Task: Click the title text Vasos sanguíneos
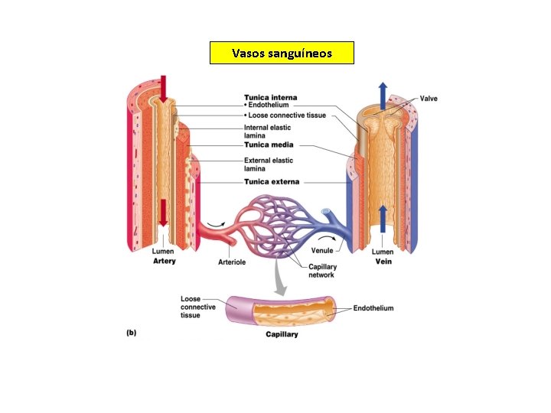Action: (x=282, y=53)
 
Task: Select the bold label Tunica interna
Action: (x=270, y=97)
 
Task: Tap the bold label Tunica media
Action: (x=268, y=145)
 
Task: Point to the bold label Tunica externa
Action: (x=272, y=182)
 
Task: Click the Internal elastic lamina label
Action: (x=267, y=132)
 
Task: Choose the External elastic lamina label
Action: (x=268, y=164)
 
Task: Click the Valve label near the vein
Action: (x=429, y=99)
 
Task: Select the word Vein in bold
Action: (x=383, y=261)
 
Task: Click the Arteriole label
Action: (x=233, y=262)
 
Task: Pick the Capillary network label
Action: (x=322, y=271)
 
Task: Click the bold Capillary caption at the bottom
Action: (x=282, y=334)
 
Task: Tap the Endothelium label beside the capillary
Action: (x=373, y=308)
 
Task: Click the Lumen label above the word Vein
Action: (x=383, y=252)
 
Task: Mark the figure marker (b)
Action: (x=131, y=333)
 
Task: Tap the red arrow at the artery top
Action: (x=161, y=88)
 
